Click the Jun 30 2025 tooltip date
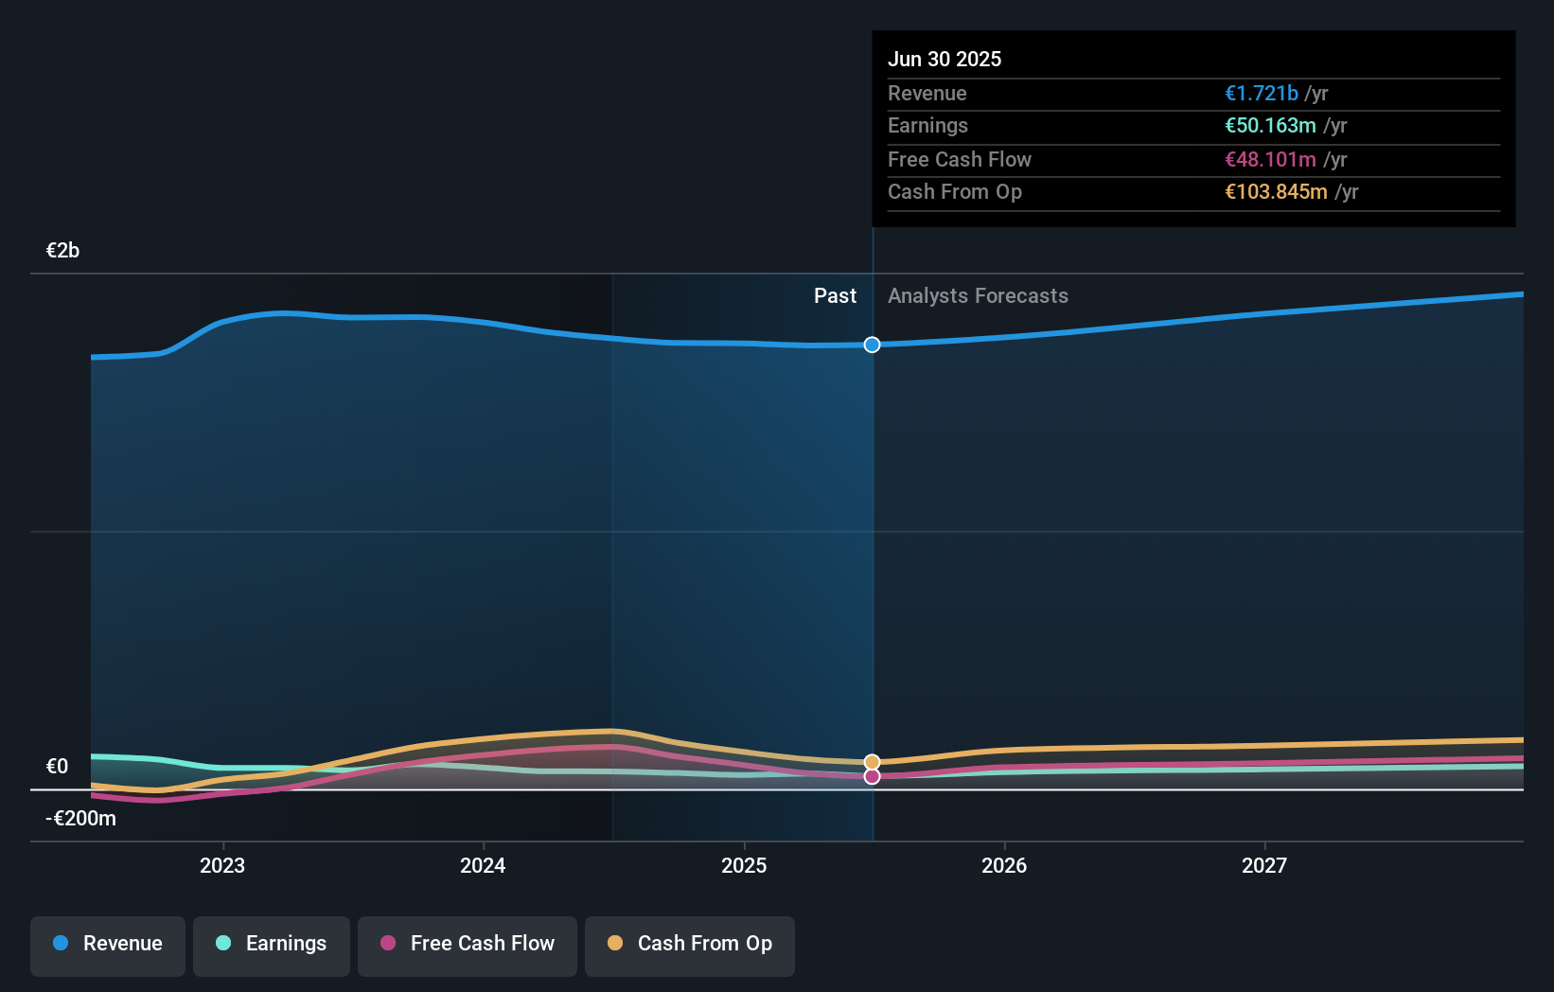pyautogui.click(x=944, y=59)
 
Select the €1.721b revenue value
pyautogui.click(x=1261, y=93)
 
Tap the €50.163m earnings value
pyautogui.click(x=1270, y=125)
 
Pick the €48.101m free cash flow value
pyautogui.click(x=1270, y=159)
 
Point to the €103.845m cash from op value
pyautogui.click(x=1276, y=191)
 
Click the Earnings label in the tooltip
pyautogui.click(x=927, y=125)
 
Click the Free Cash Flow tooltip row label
pyautogui.click(x=959, y=159)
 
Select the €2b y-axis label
pyautogui.click(x=62, y=250)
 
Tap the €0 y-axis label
pyautogui.click(x=57, y=766)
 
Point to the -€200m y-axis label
pyautogui.click(x=80, y=818)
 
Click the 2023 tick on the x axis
pyautogui.click(x=222, y=864)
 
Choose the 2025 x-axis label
pyautogui.click(x=744, y=864)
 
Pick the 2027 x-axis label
pyautogui.click(x=1264, y=864)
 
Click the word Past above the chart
pyautogui.click(x=835, y=295)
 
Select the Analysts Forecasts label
pyautogui.click(x=978, y=295)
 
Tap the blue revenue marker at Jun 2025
pyautogui.click(x=872, y=345)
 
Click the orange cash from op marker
pyautogui.click(x=872, y=762)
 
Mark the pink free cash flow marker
pyautogui.click(x=872, y=776)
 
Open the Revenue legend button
pyautogui.click(x=108, y=944)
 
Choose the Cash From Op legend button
pyautogui.click(x=690, y=944)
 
